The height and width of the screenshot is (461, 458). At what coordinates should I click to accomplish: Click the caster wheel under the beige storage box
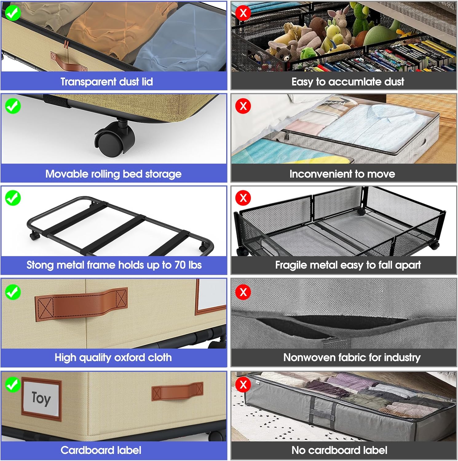(x=115, y=138)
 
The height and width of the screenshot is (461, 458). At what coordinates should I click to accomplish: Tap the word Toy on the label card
(x=41, y=398)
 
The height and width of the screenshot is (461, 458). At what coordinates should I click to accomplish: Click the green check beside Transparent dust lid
(x=13, y=13)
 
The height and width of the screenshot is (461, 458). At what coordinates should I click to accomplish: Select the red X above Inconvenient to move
(x=243, y=106)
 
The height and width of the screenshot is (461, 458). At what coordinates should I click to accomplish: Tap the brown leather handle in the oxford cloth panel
(x=81, y=304)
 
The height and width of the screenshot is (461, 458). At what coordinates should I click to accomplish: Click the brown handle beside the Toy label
(x=177, y=391)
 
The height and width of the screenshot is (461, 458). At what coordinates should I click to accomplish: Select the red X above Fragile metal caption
(x=243, y=198)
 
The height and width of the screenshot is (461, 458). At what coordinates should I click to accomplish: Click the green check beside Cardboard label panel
(x=13, y=384)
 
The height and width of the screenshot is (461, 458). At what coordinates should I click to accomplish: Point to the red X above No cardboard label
(x=243, y=384)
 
